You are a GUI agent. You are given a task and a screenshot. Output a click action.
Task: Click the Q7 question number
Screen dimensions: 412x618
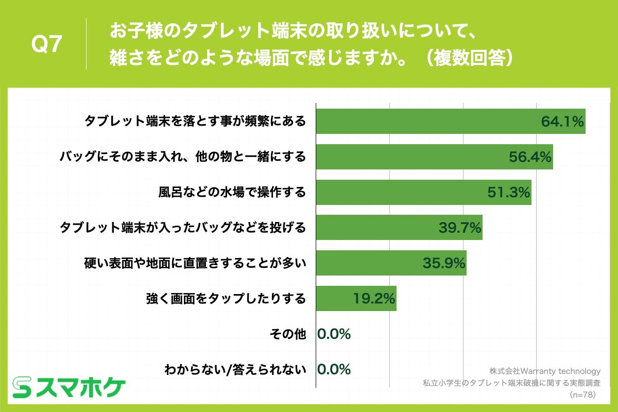click(47, 45)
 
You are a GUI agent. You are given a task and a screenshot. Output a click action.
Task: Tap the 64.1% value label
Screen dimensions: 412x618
click(562, 122)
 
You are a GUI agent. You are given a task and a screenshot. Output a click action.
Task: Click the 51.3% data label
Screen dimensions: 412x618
click(509, 193)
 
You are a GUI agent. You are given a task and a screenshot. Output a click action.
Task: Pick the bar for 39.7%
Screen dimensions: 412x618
click(399, 228)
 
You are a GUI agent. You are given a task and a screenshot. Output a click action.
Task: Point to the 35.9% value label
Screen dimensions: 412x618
click(444, 263)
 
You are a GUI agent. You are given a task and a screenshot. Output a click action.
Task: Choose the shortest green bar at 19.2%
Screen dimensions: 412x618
click(356, 298)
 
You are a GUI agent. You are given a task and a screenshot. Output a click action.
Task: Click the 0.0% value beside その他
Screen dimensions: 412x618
click(334, 334)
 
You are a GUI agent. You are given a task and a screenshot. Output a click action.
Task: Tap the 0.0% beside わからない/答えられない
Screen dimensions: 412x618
click(334, 369)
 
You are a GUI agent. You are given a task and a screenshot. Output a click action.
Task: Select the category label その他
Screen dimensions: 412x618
click(287, 334)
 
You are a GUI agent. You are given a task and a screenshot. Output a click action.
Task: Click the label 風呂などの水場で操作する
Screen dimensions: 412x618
click(232, 193)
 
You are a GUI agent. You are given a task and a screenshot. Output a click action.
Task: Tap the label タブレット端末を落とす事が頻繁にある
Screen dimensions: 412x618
click(195, 122)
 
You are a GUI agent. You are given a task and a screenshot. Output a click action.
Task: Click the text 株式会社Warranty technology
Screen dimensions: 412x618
click(545, 371)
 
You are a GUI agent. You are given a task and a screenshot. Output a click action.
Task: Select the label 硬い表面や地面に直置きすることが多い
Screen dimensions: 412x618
click(195, 263)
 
